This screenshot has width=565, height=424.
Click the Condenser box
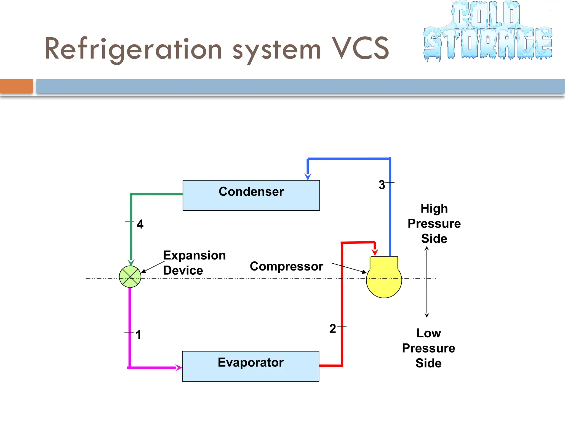(x=251, y=195)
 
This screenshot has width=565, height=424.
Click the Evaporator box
(x=250, y=366)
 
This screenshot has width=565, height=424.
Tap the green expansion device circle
(x=130, y=277)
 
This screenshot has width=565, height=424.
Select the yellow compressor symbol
(x=384, y=279)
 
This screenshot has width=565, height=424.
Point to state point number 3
(x=382, y=185)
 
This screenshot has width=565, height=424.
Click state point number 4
(x=140, y=224)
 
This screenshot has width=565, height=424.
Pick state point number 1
(x=138, y=335)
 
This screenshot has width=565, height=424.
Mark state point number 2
(x=333, y=328)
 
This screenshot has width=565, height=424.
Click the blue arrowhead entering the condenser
(x=308, y=176)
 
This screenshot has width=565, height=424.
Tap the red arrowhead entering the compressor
(x=375, y=252)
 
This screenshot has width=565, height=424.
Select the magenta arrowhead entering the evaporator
(x=179, y=367)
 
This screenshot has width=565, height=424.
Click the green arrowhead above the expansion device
(x=131, y=262)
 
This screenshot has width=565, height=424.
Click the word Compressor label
(x=286, y=266)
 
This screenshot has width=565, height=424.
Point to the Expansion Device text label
(x=194, y=263)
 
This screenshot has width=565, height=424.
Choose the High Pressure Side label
(x=434, y=223)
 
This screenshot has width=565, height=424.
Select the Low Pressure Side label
(x=428, y=348)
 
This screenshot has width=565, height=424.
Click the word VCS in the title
(x=360, y=49)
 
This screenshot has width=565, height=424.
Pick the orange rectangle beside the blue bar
(x=16, y=86)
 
